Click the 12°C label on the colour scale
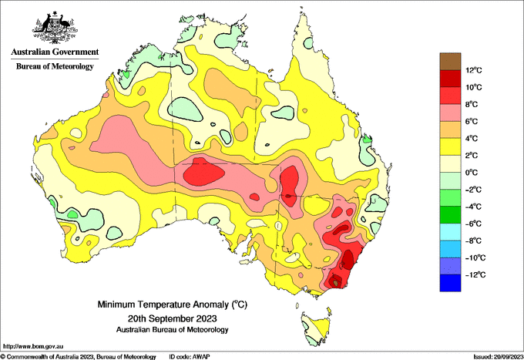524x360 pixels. tap(474, 70)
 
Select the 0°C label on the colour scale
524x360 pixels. tap(472, 173)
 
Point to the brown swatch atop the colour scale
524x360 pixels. tap(450, 62)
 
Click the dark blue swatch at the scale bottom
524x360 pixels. tap(450, 283)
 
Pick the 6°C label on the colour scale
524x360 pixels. tap(472, 121)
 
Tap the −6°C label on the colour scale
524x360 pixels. tap(473, 224)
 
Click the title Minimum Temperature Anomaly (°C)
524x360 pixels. tap(172, 304)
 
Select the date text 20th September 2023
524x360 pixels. tap(172, 318)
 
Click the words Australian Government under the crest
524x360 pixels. tap(55, 52)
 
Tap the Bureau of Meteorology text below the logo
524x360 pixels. tap(55, 66)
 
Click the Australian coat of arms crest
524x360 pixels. tap(55, 27)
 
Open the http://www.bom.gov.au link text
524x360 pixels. tap(33, 347)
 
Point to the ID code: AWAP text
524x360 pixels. tap(190, 357)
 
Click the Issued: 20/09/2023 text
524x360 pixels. tap(498, 357)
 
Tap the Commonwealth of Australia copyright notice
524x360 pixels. tap(78, 357)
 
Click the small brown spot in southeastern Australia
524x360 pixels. tap(335, 283)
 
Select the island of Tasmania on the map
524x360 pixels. tap(316, 328)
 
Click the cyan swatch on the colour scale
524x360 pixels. tap(450, 232)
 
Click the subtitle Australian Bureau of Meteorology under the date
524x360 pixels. tap(172, 330)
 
